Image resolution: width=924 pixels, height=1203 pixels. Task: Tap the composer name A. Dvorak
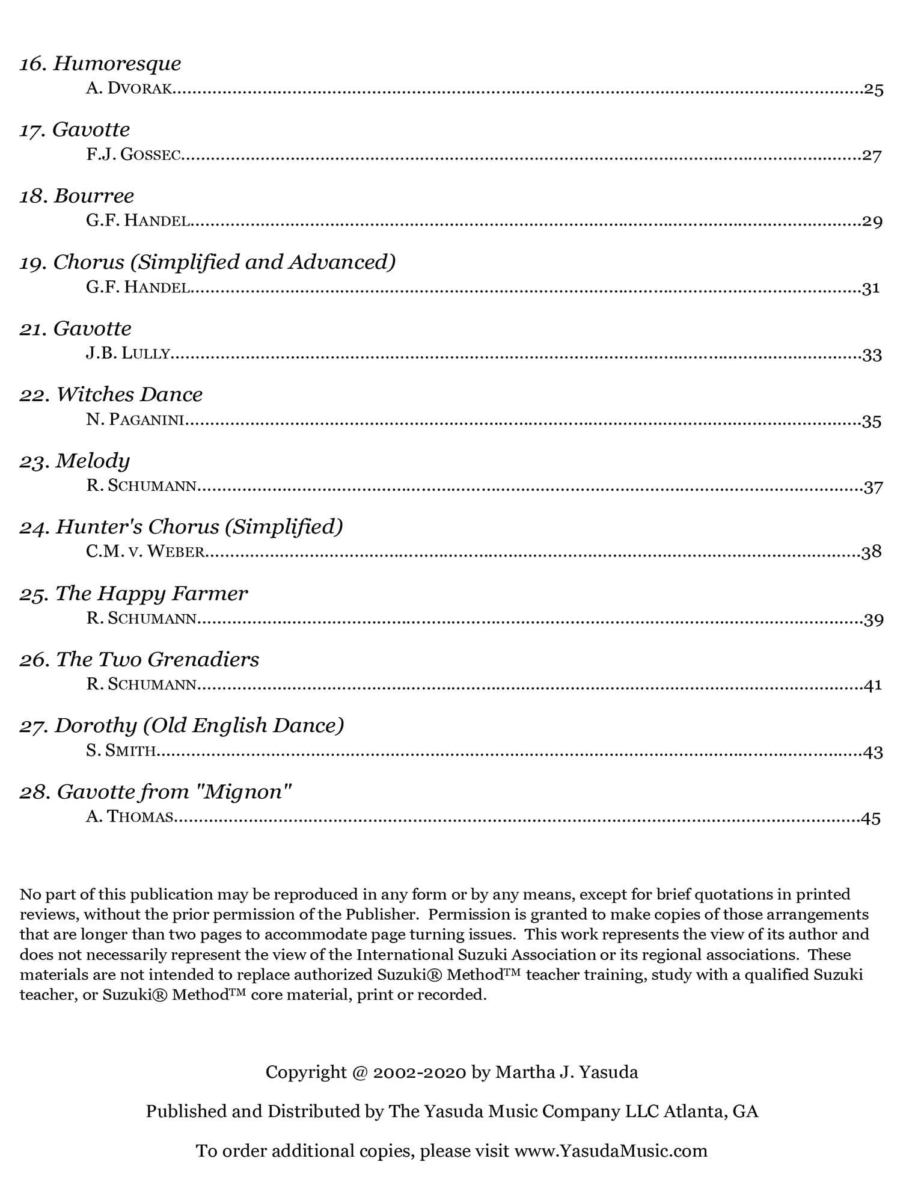pyautogui.click(x=130, y=89)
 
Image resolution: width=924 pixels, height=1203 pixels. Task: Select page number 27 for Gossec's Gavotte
pyautogui.click(x=872, y=156)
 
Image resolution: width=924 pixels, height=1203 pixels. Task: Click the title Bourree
pyautogui.click(x=93, y=196)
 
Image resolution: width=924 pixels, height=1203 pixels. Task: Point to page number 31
pyautogui.click(x=870, y=288)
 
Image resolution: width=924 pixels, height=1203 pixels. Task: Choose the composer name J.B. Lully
pyautogui.click(x=128, y=354)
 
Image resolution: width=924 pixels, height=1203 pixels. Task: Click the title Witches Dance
pyautogui.click(x=129, y=395)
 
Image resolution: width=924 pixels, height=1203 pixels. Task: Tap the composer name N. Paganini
pyautogui.click(x=135, y=420)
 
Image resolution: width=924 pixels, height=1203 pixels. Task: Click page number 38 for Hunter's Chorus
pyautogui.click(x=871, y=552)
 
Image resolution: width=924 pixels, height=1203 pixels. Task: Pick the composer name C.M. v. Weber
pyautogui.click(x=145, y=552)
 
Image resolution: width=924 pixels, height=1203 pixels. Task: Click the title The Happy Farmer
pyautogui.click(x=151, y=594)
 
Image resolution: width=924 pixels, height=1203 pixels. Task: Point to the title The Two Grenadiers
pyautogui.click(x=157, y=660)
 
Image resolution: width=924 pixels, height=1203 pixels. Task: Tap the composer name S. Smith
pyautogui.click(x=121, y=751)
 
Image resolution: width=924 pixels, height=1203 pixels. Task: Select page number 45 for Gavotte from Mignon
pyautogui.click(x=870, y=818)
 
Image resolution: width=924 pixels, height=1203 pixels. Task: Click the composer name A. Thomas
pyautogui.click(x=130, y=817)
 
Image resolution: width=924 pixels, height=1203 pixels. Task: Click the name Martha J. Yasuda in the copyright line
pyautogui.click(x=566, y=1072)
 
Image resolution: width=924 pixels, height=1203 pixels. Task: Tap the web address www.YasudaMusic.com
pyautogui.click(x=611, y=1151)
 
